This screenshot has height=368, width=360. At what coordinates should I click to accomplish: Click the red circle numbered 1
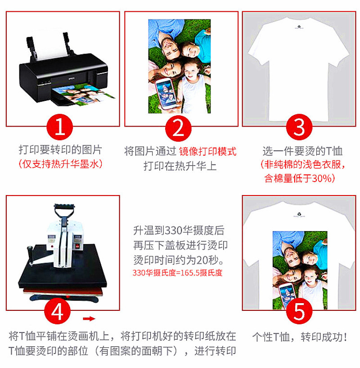pos(60,127)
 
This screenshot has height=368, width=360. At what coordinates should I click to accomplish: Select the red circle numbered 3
pos(299,127)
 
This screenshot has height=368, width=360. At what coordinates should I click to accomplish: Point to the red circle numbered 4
pos(58,311)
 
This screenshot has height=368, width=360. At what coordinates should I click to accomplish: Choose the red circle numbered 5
pos(299,311)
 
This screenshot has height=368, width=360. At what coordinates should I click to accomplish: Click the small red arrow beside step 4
pos(89,318)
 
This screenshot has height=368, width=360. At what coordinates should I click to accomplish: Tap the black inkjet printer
pos(63,70)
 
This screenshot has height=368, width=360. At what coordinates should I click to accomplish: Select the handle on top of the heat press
pos(64,211)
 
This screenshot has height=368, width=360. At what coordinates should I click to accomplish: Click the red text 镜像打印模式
pos(208,151)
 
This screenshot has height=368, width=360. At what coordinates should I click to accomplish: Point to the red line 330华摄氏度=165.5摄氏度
pos(177,273)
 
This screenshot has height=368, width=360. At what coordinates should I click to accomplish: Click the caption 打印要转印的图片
pos(60,150)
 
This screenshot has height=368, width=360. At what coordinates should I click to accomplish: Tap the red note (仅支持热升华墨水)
pos(60,164)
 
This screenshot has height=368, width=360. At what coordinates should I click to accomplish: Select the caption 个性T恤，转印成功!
pos(300,337)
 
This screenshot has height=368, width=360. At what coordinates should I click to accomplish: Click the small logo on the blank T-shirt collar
pos(299,27)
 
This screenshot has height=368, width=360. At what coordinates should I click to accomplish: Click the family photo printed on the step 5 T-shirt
pos(300,270)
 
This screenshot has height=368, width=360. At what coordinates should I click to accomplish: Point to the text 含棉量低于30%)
pos(300,178)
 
